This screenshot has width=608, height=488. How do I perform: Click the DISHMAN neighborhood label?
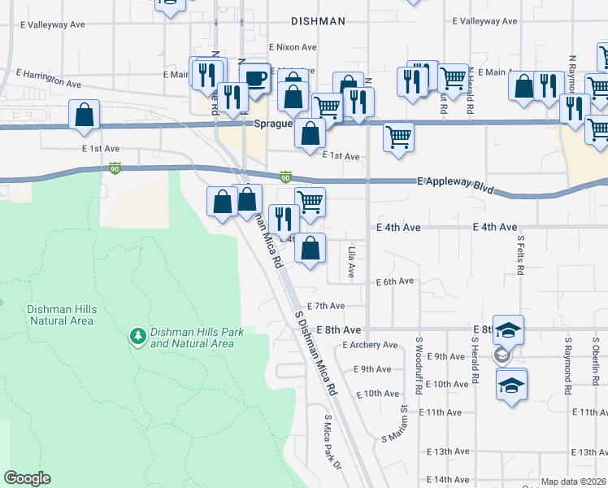coord(319,21)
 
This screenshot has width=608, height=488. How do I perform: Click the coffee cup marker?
coord(255,79)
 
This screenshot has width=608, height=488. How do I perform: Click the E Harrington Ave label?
coord(49,84)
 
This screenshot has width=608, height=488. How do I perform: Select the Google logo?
coord(27,478)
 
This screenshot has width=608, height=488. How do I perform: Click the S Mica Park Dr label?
coord(332,438)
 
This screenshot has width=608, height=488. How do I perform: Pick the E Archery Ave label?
coord(371,345)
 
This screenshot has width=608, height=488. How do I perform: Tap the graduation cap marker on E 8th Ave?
coord(508,330)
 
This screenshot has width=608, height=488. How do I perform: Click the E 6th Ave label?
coord(395,281)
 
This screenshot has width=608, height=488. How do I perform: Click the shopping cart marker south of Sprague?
coord(397,136)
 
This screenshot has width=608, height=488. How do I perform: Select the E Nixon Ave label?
coord(296,48)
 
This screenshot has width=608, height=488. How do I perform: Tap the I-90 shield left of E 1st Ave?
coord(115,168)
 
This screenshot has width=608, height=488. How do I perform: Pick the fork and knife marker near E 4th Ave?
coord(284,218)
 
